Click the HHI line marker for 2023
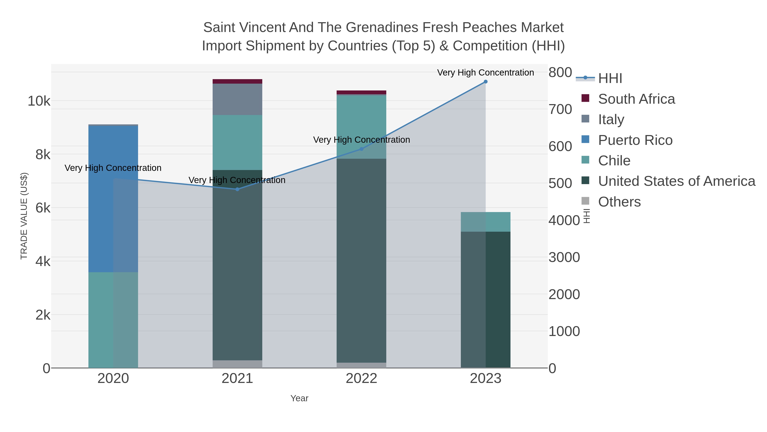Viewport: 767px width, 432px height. [485, 82]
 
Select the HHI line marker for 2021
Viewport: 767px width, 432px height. [237, 189]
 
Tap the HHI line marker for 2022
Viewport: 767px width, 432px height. [362, 149]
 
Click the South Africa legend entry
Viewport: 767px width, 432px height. [636, 99]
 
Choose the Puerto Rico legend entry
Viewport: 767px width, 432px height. [635, 140]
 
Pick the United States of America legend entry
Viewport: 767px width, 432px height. [676, 181]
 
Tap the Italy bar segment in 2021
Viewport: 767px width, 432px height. [237, 99]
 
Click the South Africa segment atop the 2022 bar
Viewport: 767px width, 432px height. [362, 92]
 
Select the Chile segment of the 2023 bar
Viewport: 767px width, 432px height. [485, 222]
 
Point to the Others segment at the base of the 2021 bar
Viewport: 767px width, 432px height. [237, 364]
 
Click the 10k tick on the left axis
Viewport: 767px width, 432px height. [39, 101]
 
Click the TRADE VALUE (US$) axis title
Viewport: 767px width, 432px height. [24, 216]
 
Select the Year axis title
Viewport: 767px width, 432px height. [299, 398]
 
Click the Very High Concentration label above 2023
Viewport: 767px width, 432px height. [485, 73]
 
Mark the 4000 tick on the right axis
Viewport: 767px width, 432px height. [564, 221]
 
